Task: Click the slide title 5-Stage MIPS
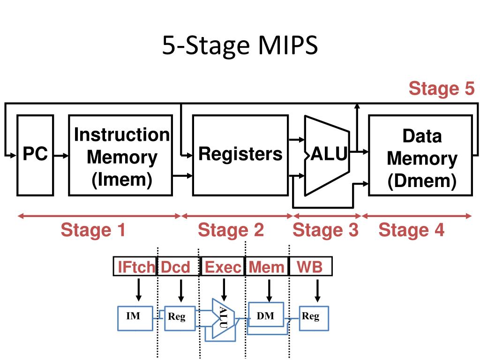240,45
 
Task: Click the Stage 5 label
442,88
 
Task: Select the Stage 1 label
93,230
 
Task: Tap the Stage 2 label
231,230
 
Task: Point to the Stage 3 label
325,230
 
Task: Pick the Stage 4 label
412,230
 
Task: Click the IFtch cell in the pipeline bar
135,266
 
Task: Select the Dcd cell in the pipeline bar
179,266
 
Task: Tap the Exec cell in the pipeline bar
223,266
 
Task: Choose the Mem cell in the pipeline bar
267,266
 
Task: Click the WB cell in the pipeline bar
310,266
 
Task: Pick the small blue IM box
135,318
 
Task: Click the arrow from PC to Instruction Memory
61,156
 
